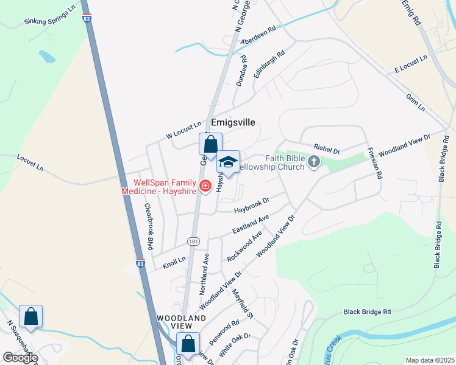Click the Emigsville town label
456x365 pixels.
(x=233, y=122)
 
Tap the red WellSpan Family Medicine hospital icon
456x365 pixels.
(x=205, y=184)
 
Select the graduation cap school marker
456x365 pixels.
(x=229, y=162)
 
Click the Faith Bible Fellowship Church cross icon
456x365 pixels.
(x=314, y=161)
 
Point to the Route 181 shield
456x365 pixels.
(x=193, y=242)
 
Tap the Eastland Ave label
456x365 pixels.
(x=251, y=224)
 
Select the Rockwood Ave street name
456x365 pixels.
(x=244, y=245)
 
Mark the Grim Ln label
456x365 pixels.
(x=415, y=102)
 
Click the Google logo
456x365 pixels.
(x=20, y=358)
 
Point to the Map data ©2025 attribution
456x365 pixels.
(x=430, y=360)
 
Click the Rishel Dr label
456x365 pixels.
(x=327, y=148)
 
